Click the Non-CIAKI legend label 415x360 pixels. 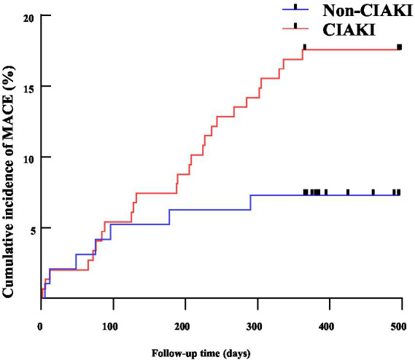click(368, 11)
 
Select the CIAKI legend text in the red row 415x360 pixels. click(349, 30)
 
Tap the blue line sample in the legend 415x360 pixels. click(295, 9)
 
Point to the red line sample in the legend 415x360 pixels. click(295, 28)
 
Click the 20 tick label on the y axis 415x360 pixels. click(28, 18)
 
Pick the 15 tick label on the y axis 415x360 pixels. click(28, 89)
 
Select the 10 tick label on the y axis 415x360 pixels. click(28, 160)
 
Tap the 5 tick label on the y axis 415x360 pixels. click(33, 231)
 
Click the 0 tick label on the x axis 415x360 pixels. click(40, 326)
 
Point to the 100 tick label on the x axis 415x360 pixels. click(110, 326)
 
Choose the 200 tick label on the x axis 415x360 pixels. click(182, 326)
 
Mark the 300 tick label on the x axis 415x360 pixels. click(254, 326)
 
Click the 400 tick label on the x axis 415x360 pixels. click(326, 326)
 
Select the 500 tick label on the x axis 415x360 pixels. click(398, 326)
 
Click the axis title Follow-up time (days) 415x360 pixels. click(201, 353)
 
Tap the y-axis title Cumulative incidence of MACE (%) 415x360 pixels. click(8, 182)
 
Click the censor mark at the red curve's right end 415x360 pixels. click(400, 47)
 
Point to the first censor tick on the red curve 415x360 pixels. click(305, 47)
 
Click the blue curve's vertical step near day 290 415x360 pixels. click(250, 203)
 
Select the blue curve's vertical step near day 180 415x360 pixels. click(169, 217)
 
